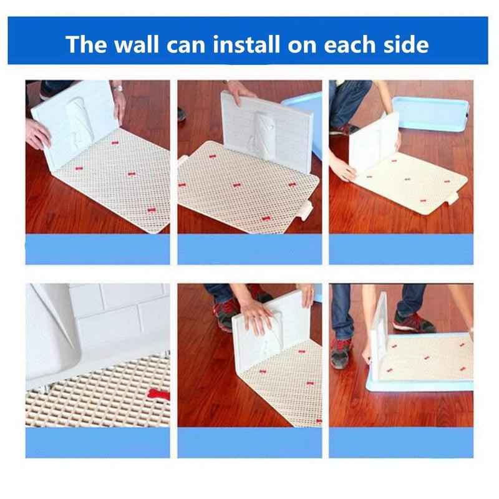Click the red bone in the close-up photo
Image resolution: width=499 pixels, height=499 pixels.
click(x=158, y=394)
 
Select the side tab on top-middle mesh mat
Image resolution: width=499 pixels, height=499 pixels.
click(x=304, y=210)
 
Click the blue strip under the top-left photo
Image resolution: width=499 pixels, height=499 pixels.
click(x=97, y=249)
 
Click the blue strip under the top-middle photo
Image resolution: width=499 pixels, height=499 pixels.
click(x=249, y=249)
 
